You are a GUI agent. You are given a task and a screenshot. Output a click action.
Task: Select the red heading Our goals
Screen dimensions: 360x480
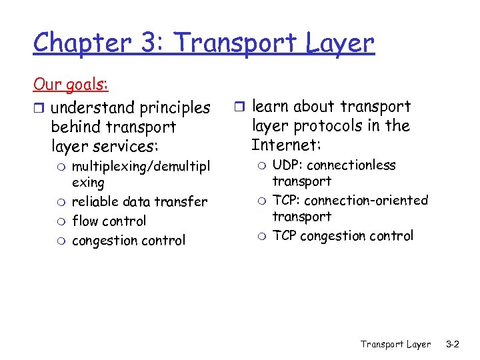pos(71,85)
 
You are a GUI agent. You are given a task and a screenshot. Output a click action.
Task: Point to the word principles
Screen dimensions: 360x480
pos(175,107)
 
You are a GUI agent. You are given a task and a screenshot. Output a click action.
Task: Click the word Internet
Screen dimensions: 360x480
pos(283,145)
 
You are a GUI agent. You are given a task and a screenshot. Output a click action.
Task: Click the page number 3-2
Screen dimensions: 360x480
pos(453,344)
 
